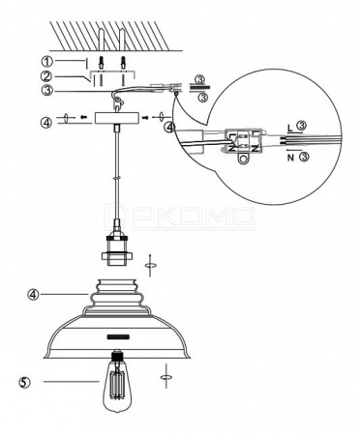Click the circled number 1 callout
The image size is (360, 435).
[x=46, y=61]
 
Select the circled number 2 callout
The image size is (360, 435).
[x=46, y=76]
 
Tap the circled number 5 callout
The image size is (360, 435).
[x=25, y=383]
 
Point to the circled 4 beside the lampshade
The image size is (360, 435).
[x=33, y=294]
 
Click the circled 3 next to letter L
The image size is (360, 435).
[x=301, y=125]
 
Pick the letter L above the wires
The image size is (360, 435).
[x=290, y=128]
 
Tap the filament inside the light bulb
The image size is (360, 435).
[x=117, y=384]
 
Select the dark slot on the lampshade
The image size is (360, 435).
[x=118, y=336]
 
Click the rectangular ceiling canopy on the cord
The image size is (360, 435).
[x=117, y=118]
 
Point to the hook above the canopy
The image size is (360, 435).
[x=119, y=102]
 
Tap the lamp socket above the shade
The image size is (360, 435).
[x=116, y=248]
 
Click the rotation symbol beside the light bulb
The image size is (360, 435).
[x=166, y=376]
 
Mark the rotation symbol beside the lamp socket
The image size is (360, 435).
[x=150, y=265]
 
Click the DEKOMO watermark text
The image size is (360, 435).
[x=179, y=216]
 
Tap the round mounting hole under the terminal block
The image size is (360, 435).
[x=244, y=159]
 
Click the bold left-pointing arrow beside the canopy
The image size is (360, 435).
[x=83, y=117]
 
